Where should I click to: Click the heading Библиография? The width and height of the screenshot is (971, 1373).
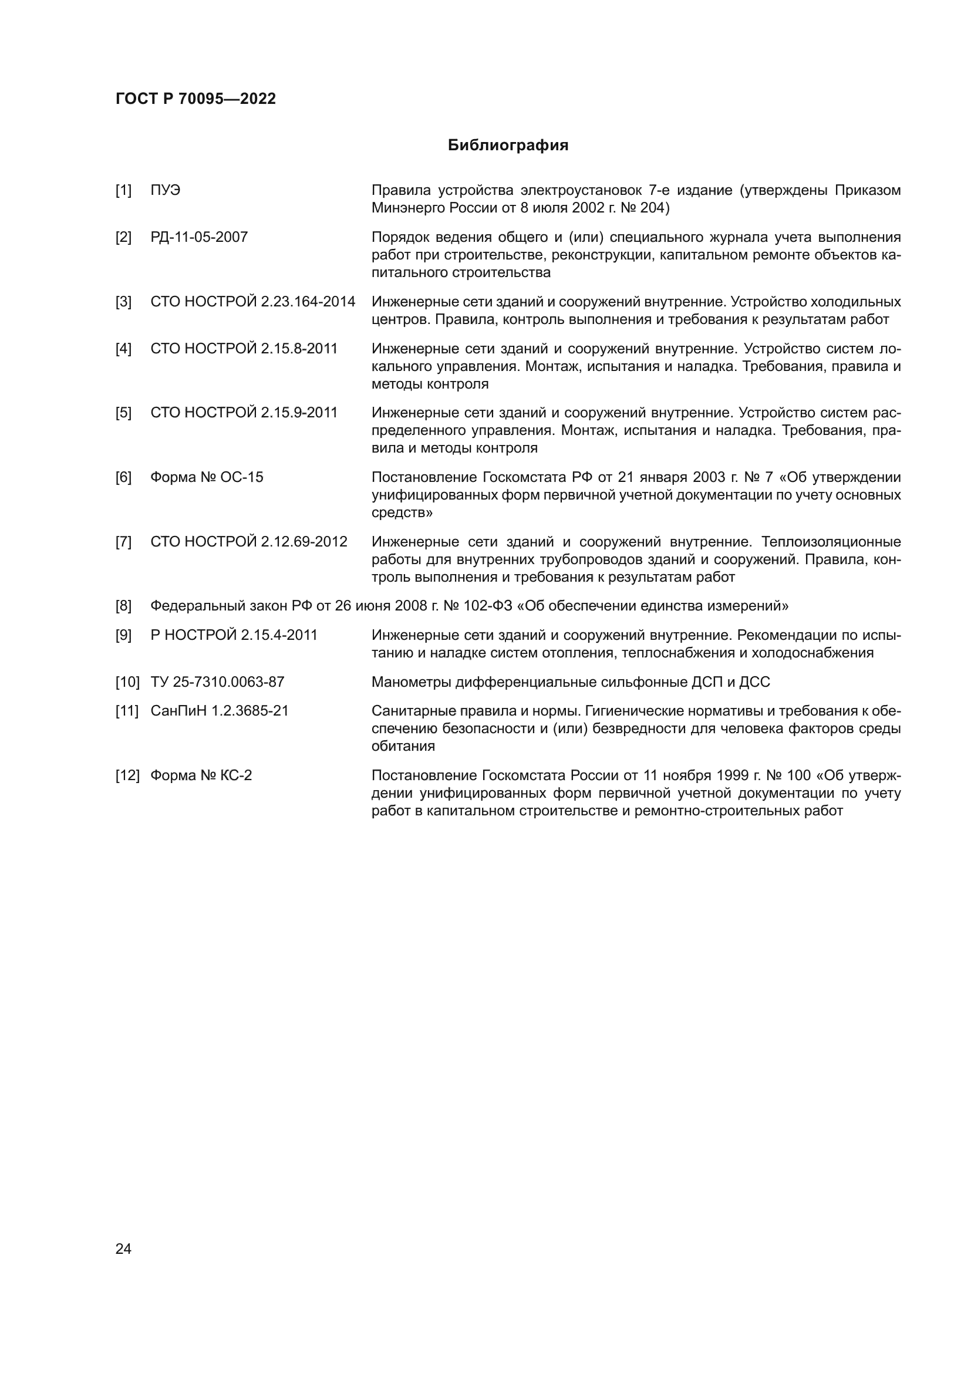coord(508,146)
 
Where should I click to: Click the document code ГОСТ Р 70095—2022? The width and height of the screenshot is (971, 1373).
coord(195,99)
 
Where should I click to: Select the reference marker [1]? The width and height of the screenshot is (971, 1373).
coord(123,191)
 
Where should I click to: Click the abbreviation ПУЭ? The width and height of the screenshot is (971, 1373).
coord(165,191)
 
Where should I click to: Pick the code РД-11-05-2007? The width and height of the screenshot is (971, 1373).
coord(199,237)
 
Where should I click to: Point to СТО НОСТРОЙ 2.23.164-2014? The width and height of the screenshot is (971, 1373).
coord(253,302)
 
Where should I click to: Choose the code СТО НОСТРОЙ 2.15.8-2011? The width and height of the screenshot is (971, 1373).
coord(244,349)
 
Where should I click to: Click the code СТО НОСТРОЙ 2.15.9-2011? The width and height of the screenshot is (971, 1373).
coord(244,413)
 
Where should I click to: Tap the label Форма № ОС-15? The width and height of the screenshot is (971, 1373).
coord(207,477)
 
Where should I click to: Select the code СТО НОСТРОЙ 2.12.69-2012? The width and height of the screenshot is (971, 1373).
coord(249,542)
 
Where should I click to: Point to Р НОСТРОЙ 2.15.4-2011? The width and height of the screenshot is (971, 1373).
coord(234,635)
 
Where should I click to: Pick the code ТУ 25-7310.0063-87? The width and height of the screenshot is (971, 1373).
coord(218,682)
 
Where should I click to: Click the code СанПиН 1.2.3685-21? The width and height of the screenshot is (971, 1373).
coord(220,711)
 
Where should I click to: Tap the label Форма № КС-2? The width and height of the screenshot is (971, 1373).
coord(201,775)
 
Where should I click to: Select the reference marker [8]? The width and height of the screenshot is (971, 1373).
coord(123,606)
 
